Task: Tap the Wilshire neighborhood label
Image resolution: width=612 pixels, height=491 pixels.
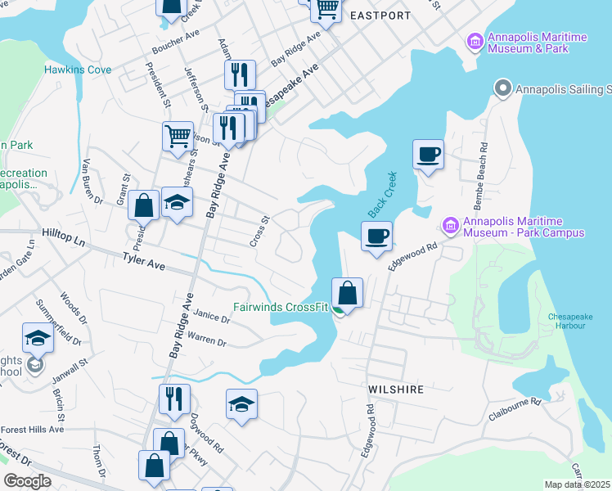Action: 396,390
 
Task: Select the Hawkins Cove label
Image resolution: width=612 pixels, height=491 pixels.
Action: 79,70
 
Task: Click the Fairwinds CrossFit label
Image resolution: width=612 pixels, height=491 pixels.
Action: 281,308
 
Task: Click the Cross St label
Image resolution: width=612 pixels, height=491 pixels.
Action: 259,232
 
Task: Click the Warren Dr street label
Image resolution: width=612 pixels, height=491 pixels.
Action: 206,339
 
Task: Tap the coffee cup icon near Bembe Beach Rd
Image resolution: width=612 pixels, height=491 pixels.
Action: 429,154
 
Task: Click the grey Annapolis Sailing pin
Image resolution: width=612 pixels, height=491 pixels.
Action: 502,88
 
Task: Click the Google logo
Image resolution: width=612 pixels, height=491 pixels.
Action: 28,481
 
